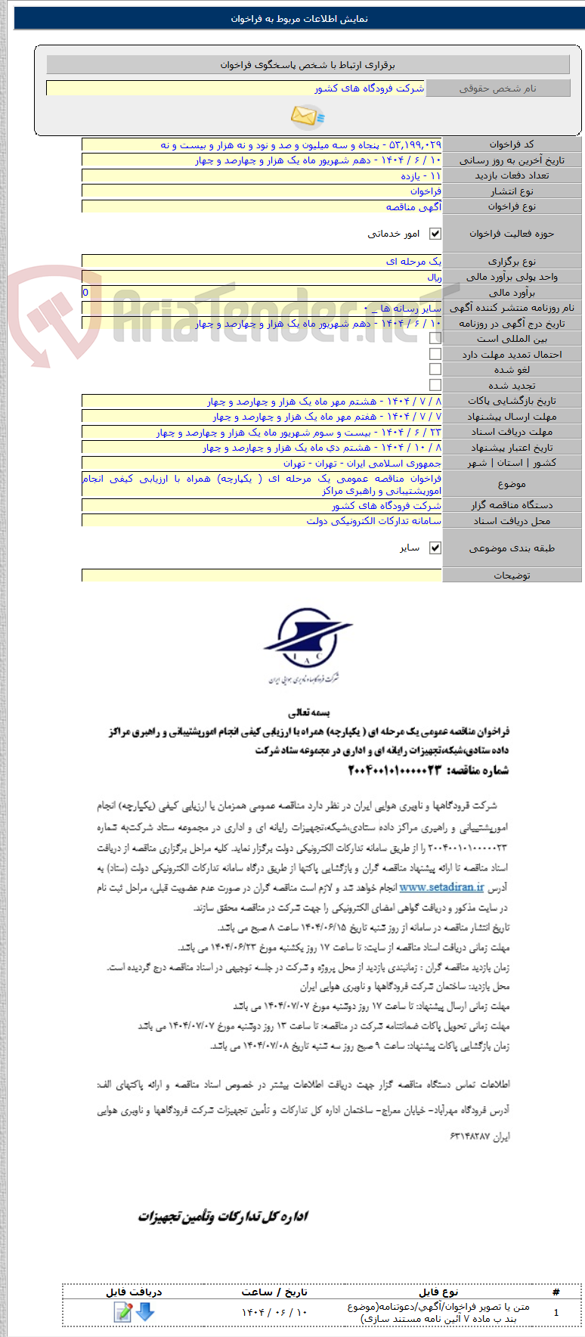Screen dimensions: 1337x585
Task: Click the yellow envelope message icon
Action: [306, 116]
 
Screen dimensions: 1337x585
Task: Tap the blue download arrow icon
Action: [145, 1312]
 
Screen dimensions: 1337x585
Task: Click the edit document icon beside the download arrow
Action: [123, 1312]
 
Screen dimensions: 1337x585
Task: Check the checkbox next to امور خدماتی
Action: [435, 234]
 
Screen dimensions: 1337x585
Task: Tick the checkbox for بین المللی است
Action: [435, 339]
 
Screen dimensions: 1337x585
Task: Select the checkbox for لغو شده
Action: [435, 369]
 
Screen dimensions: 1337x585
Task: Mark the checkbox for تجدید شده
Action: [435, 385]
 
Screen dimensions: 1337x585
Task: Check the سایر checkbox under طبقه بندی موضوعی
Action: [435, 548]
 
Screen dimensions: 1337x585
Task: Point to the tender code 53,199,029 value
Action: [413, 144]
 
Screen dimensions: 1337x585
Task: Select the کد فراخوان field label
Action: [512, 144]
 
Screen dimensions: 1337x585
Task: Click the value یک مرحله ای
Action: [413, 262]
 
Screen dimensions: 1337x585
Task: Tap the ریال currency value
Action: [434, 278]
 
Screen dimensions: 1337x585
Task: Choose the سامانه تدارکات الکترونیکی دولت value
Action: [373, 521]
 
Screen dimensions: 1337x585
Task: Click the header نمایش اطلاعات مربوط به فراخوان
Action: [299, 19]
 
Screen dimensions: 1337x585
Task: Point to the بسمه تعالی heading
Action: [309, 712]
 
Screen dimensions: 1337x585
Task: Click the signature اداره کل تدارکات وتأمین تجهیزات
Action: [223, 1216]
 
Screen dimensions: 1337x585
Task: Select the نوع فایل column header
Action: [438, 1292]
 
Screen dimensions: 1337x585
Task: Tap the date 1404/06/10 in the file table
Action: [274, 1312]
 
